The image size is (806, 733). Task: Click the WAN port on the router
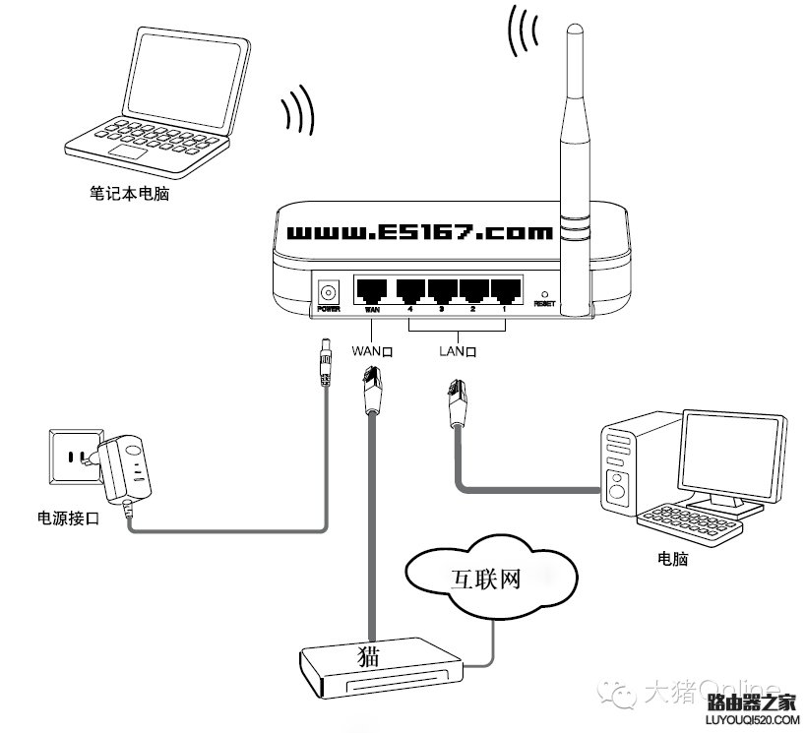pyautogui.click(x=372, y=290)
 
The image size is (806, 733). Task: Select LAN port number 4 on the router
pyautogui.click(x=410, y=290)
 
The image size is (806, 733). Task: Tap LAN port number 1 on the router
pyautogui.click(x=505, y=290)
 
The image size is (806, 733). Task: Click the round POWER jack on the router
pyautogui.click(x=328, y=291)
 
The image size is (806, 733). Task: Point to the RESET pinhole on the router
pyautogui.click(x=544, y=294)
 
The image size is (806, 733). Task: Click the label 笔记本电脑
pyautogui.click(x=130, y=195)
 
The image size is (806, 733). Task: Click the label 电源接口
pyautogui.click(x=67, y=518)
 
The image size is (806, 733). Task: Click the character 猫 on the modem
pyautogui.click(x=370, y=654)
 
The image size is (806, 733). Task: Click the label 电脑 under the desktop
pyautogui.click(x=673, y=560)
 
